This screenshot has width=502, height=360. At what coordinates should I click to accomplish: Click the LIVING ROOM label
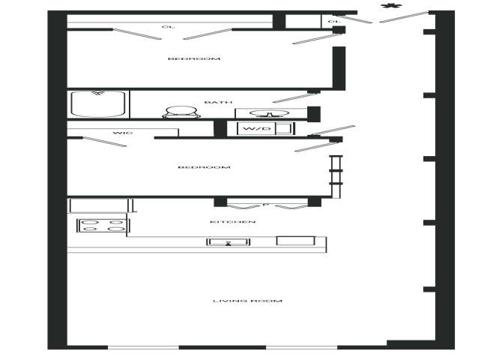click(247, 301)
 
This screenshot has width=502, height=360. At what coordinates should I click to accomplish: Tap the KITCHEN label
click(233, 222)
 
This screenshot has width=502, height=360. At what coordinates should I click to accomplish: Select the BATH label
click(218, 102)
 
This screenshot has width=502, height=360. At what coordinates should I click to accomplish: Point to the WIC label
click(123, 133)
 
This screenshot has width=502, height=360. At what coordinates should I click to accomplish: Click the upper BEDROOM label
click(194, 58)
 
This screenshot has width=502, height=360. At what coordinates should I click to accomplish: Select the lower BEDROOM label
click(204, 167)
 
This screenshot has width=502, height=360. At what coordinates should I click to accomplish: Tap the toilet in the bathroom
click(181, 112)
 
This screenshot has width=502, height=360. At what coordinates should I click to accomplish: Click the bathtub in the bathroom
click(98, 103)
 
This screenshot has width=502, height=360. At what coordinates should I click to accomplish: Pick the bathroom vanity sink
click(269, 113)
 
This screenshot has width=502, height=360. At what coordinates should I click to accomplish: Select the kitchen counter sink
click(229, 242)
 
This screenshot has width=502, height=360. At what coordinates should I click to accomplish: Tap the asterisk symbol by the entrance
click(391, 6)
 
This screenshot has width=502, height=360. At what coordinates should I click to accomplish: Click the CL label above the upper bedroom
click(169, 26)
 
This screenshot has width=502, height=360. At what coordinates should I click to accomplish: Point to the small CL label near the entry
click(334, 22)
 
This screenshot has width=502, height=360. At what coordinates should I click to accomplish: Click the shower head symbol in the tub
click(99, 93)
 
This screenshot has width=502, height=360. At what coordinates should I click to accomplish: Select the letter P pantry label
click(265, 204)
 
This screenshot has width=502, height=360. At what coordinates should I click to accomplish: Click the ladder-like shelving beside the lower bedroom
click(336, 177)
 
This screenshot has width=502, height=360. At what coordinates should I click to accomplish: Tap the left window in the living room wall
click(143, 347)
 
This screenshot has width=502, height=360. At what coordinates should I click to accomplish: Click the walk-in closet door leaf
click(105, 142)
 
